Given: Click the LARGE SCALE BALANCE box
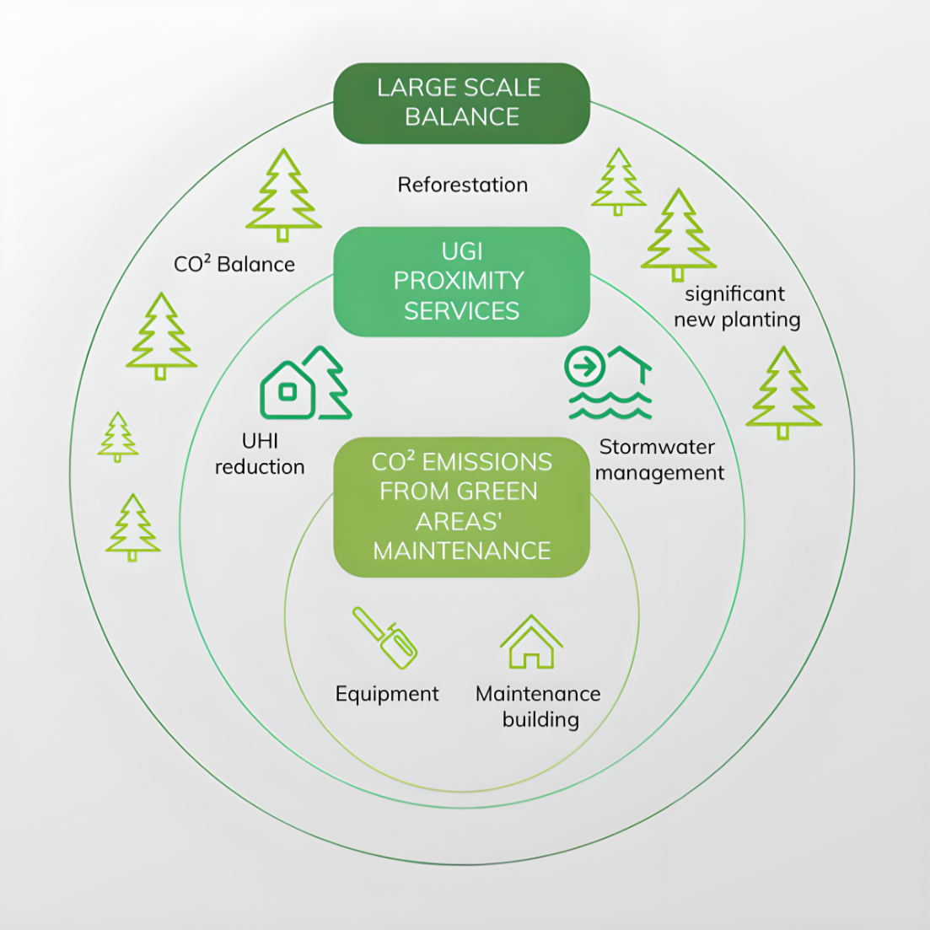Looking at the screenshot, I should coord(461,103).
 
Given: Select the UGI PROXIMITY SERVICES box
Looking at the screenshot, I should coord(461,282).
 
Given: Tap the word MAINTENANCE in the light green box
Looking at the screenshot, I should coord(461,551).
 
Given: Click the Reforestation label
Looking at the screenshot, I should coord(463,185).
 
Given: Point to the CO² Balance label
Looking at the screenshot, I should coord(234,264).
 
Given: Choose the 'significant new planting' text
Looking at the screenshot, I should coord(736,307).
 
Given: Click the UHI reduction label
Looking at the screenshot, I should coord(260,454).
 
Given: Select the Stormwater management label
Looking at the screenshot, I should coord(659,460).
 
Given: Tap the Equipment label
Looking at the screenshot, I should coord(387,694).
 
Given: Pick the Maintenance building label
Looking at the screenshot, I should coord(539,707).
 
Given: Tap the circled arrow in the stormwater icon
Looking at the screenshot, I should coord(585,368).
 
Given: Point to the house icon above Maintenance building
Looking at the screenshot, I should coord(531,642).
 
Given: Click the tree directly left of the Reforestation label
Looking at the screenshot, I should coord(283,196).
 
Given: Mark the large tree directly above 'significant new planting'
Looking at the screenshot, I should coord(678,234).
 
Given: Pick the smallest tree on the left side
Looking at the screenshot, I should coord(117,437).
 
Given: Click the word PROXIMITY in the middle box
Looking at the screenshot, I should coord(459,281).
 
